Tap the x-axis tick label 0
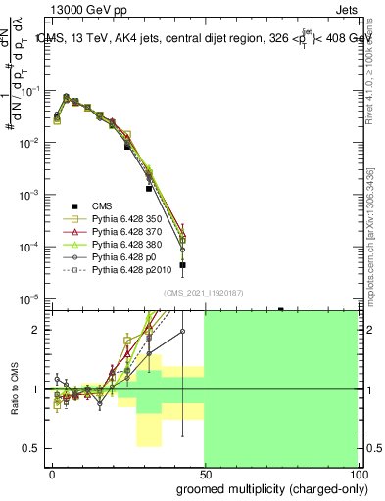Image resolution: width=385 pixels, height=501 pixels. [x=52, y=473]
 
